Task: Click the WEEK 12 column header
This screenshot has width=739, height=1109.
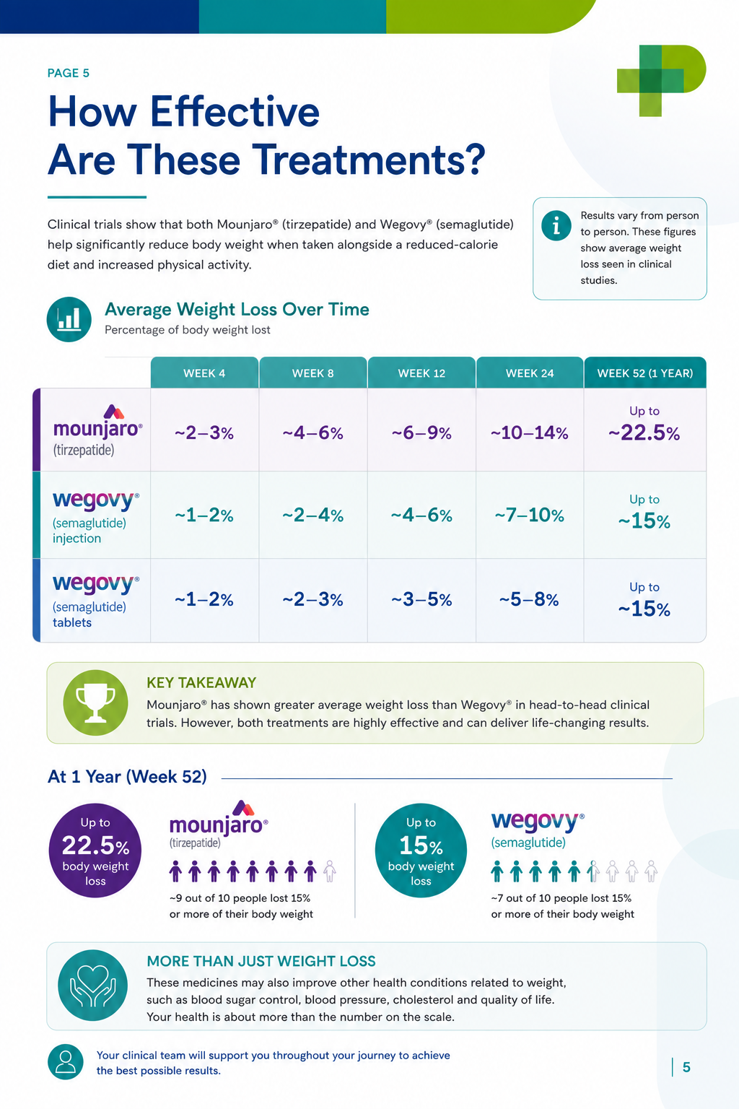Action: pyautogui.click(x=421, y=373)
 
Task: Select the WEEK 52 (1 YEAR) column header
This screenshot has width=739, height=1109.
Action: pyautogui.click(x=645, y=373)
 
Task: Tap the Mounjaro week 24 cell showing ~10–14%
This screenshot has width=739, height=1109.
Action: pyautogui.click(x=530, y=430)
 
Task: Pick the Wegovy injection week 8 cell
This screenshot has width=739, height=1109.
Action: pyautogui.click(x=312, y=515)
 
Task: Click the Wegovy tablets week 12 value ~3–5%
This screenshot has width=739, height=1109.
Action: pyautogui.click(x=421, y=599)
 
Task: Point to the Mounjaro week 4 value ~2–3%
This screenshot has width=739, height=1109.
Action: pyautogui.click(x=204, y=433)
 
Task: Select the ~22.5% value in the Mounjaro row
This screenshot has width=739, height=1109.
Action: pyautogui.click(x=644, y=432)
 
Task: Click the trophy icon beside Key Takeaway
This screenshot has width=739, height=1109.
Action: pyautogui.click(x=95, y=703)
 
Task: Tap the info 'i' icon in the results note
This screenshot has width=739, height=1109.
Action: pyautogui.click(x=556, y=226)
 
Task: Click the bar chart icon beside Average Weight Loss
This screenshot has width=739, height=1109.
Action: pyautogui.click(x=69, y=319)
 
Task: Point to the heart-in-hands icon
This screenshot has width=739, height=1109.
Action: pyautogui.click(x=92, y=986)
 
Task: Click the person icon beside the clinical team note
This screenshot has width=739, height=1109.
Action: pyautogui.click(x=66, y=1062)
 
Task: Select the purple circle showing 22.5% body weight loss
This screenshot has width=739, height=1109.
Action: pyautogui.click(x=95, y=850)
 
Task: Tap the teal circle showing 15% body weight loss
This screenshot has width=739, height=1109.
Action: pyautogui.click(x=421, y=850)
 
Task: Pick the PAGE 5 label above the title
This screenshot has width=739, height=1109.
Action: pyautogui.click(x=69, y=73)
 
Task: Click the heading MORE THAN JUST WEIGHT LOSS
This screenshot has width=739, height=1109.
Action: pyautogui.click(x=261, y=962)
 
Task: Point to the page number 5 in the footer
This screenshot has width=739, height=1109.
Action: pyautogui.click(x=686, y=1067)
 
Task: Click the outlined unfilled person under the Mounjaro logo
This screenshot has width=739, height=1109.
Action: pyautogui.click(x=330, y=871)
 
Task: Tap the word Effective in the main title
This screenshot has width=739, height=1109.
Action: pyautogui.click(x=235, y=111)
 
